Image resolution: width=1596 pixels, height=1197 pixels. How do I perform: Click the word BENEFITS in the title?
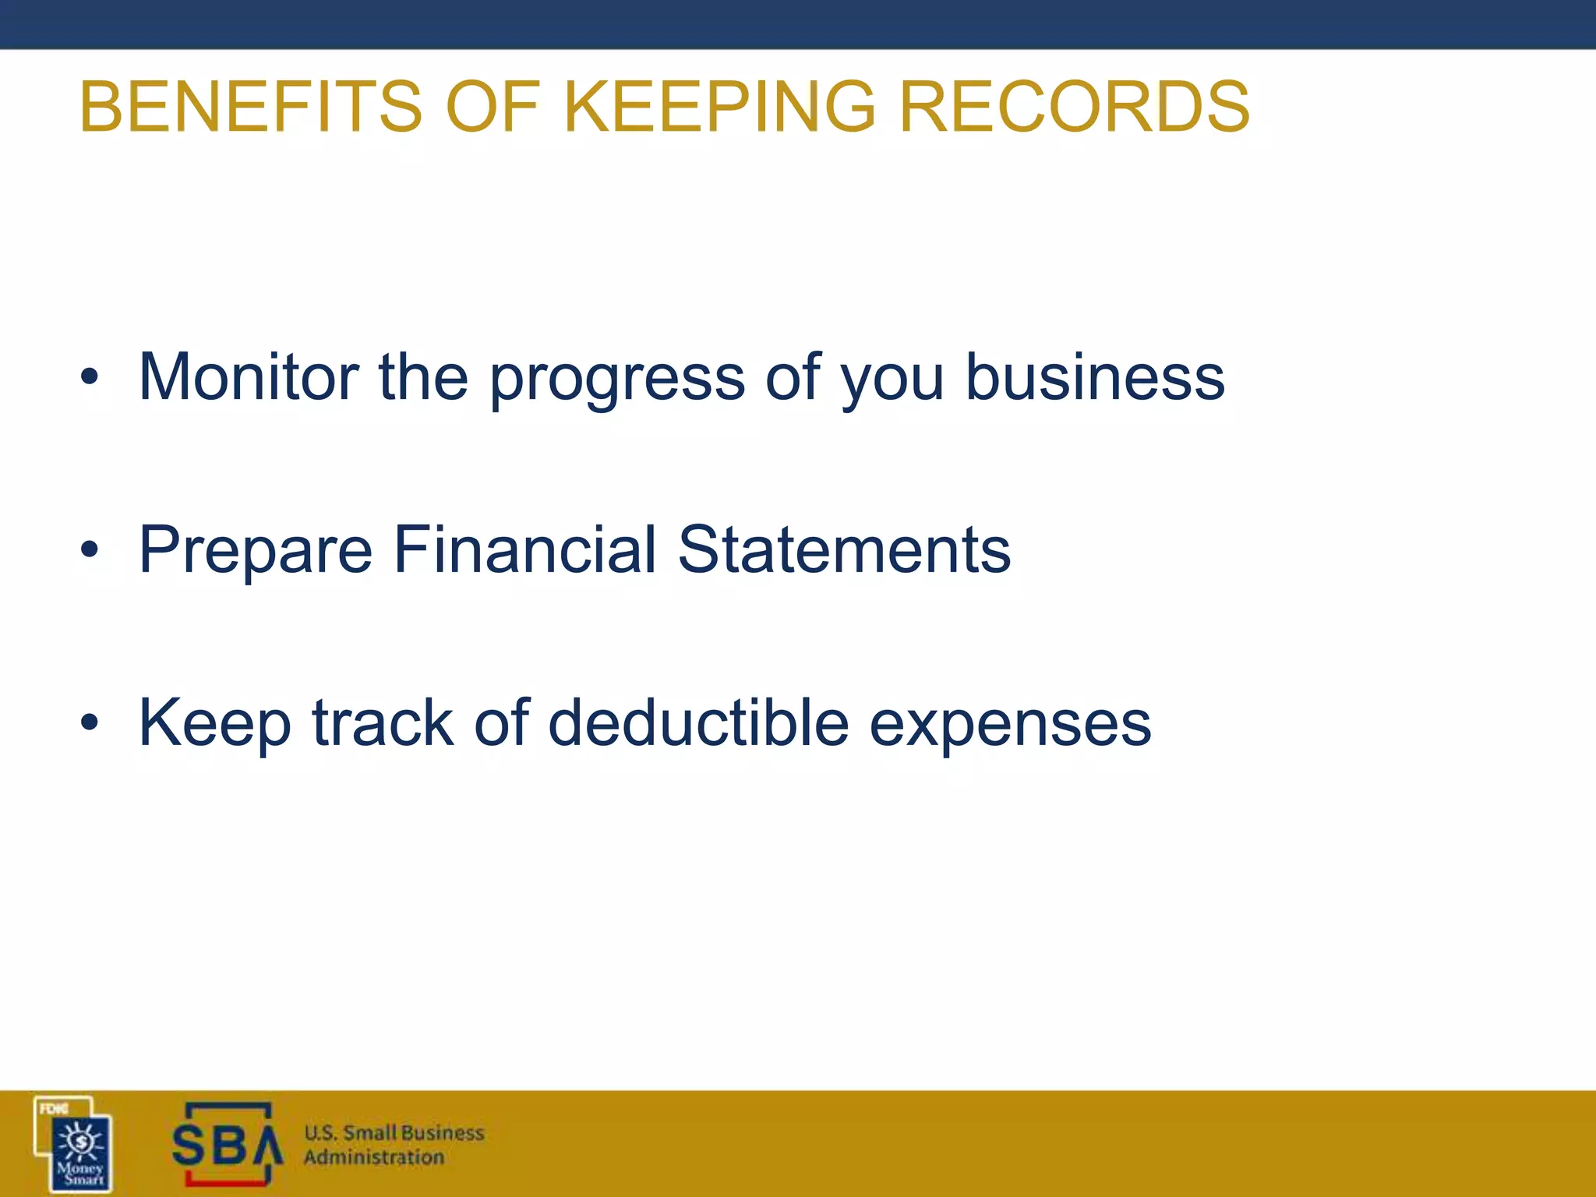[250, 107]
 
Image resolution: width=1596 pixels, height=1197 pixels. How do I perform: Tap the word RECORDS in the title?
[1075, 107]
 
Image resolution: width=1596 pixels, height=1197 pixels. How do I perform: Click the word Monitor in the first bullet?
[249, 377]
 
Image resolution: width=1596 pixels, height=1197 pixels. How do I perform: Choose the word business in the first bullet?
[1095, 377]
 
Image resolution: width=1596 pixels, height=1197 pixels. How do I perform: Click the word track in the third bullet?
[383, 723]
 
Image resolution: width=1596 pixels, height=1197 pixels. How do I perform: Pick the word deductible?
[698, 723]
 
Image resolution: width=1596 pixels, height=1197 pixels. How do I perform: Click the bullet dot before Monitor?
[90, 377]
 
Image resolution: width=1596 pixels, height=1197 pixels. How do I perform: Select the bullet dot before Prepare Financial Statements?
[90, 550]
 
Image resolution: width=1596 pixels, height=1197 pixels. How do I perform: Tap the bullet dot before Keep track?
[90, 723]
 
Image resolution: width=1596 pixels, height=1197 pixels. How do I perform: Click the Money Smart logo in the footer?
[74, 1144]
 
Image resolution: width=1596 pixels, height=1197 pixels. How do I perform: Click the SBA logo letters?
[226, 1146]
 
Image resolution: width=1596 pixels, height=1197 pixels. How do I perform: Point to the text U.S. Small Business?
[394, 1132]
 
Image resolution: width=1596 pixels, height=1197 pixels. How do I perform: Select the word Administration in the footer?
[374, 1157]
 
